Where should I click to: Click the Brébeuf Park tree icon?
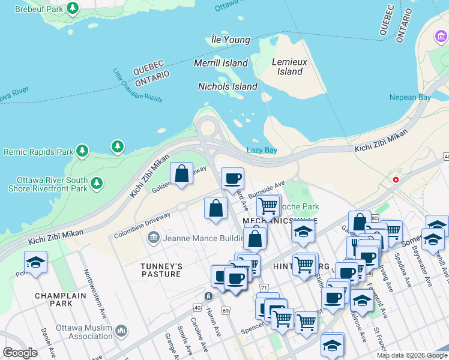pos(73,8)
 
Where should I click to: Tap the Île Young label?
pos(231,40)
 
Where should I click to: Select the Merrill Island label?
pos(221,63)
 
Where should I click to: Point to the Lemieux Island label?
pos(291,67)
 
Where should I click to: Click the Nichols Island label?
pos(228,86)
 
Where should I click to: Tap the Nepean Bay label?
pos(410,97)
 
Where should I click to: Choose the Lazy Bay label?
pos(262,150)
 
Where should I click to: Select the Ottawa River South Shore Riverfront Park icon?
pos(96,183)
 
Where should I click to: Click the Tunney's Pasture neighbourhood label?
pos(161,270)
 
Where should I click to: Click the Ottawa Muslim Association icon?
pos(121,331)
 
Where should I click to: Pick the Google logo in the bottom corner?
pos(20,352)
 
